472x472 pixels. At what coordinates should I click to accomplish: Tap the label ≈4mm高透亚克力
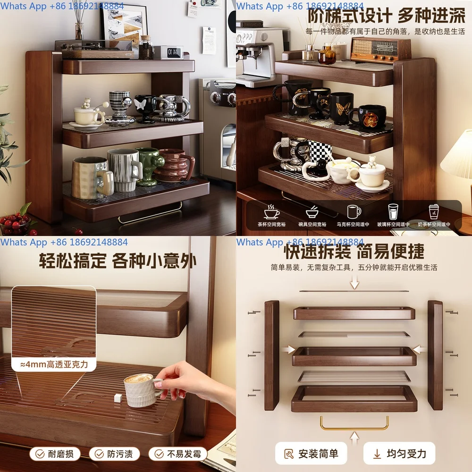pyautogui.click(x=54, y=364)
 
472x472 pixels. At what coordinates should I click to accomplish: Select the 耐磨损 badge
pyautogui.click(x=55, y=454)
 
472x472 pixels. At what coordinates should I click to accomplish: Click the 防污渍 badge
pyautogui.click(x=114, y=454)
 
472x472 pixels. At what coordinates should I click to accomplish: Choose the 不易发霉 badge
pyautogui.click(x=178, y=454)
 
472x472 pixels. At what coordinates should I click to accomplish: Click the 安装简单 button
pyautogui.click(x=311, y=454)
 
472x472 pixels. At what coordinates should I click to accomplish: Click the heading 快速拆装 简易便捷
pyautogui.click(x=354, y=252)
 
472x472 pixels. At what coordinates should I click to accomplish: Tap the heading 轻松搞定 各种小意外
pyautogui.click(x=118, y=260)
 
